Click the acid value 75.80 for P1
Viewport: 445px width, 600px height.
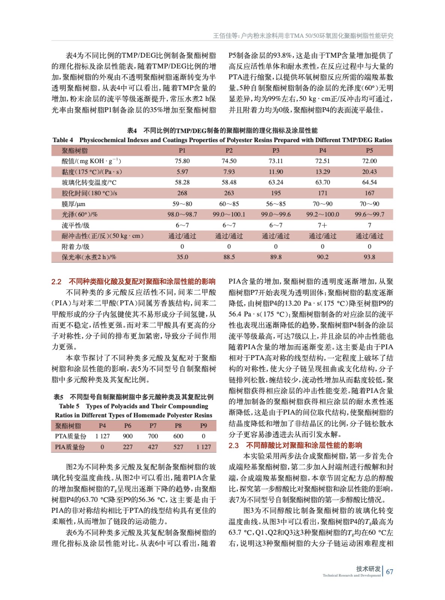tap(182, 161)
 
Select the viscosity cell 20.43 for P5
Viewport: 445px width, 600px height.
tap(369, 172)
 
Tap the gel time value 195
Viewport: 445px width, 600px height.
tap(276, 193)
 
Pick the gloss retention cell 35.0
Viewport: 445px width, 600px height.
tap(182, 257)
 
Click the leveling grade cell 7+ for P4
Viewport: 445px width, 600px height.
tap(322, 225)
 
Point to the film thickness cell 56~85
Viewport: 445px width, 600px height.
tap(276, 204)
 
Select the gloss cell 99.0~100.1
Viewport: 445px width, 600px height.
tap(229, 214)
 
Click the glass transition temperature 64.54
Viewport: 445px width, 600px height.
tap(369, 182)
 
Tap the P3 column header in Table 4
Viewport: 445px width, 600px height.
tap(276, 150)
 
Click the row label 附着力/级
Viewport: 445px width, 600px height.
tap(76, 247)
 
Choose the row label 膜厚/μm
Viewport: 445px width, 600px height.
tap(73, 204)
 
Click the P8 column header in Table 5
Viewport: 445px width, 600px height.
tap(178, 426)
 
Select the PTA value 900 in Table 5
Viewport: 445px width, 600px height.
tap(128, 436)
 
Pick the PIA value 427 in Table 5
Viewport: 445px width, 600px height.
tap(153, 447)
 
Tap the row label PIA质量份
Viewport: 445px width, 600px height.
tap(70, 447)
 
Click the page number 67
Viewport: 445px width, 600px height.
tap(390, 572)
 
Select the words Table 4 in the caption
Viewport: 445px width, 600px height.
tap(63, 140)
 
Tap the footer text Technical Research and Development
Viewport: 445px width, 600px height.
tap(351, 575)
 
